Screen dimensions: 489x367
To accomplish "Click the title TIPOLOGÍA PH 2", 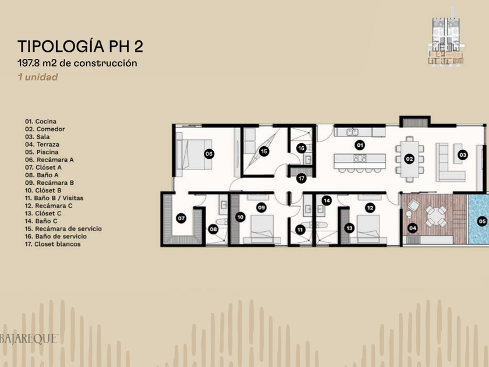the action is pos(80,46).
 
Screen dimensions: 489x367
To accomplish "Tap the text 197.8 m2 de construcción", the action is pos(77,63).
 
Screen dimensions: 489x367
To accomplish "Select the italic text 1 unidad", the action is pos(38,77).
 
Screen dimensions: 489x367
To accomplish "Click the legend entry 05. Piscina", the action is pos(42,152).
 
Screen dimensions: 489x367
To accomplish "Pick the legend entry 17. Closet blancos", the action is pos(53,244).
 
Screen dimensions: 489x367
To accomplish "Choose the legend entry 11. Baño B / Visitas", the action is pos(54,198).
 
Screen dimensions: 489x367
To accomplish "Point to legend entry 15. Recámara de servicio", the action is pos(63,229).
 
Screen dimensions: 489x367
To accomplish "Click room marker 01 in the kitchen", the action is pos(360,145).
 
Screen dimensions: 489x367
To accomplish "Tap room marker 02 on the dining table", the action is pos(409,159).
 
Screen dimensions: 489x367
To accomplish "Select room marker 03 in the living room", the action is pos(463,155).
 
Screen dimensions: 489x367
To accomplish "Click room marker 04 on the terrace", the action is pos(413,228).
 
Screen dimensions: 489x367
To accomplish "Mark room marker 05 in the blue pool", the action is pos(482,221).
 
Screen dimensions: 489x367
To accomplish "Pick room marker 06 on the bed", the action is pos(209,154).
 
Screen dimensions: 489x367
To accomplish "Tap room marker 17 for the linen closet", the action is pos(302,178).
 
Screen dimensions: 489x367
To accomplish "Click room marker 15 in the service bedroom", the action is pos(264,151).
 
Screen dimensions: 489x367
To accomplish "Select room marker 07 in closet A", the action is pos(181,218).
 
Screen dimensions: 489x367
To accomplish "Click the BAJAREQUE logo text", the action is pos(29,339).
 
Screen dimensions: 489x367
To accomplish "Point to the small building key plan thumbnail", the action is pos(447,42).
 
